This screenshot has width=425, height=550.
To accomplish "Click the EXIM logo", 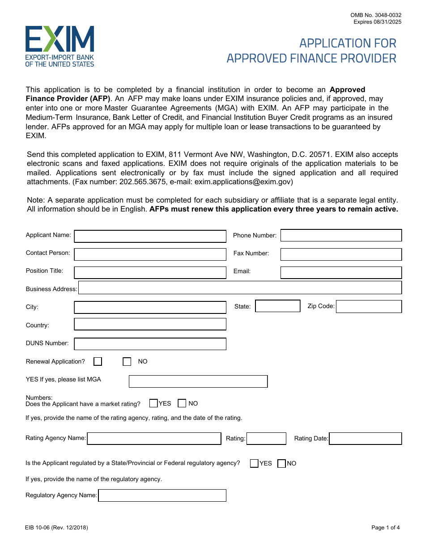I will click(59, 46).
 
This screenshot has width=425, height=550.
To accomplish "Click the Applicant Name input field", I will click(150, 236).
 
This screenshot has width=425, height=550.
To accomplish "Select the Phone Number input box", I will click(341, 235).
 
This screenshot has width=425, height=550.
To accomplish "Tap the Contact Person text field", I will click(150, 254).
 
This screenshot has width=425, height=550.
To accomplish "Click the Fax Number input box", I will click(341, 254).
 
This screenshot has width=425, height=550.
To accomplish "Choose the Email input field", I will click(341, 272).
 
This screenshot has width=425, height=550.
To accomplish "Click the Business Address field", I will click(240, 288).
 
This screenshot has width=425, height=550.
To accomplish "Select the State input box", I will click(277, 306).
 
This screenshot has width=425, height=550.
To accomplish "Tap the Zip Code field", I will click(369, 306).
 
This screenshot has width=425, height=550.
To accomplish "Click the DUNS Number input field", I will click(150, 344).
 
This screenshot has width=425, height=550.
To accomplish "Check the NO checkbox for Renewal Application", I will click(127, 362).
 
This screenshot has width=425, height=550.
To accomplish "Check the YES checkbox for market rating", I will click(153, 403).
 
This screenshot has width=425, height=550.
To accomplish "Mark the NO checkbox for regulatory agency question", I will click(281, 464).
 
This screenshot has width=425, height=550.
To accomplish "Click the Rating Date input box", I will click(365, 439).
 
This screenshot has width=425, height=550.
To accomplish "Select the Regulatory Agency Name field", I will click(162, 495).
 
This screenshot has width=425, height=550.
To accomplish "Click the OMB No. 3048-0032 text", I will click(376, 15).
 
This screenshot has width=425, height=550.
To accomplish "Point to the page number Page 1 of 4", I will click(385, 528).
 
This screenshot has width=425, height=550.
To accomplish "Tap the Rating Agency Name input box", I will click(154, 439).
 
